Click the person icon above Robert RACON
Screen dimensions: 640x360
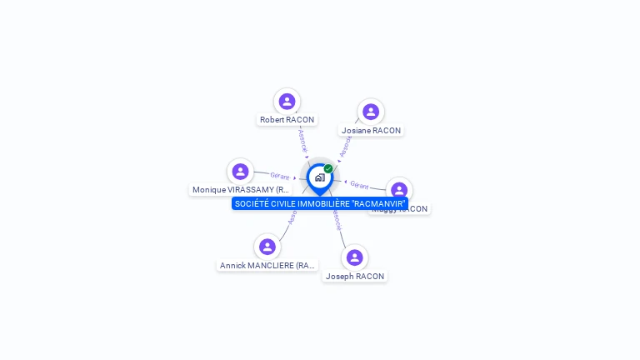[287, 102]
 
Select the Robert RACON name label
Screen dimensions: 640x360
[287, 120]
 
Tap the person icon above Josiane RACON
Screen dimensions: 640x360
[371, 112]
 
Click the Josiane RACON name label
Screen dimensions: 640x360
[371, 131]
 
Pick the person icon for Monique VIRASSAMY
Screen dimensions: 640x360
[240, 172]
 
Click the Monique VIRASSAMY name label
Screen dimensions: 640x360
[240, 190]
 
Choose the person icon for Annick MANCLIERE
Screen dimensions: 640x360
[267, 247]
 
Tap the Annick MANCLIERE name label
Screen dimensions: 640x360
[267, 266]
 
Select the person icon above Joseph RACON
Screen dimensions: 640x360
[355, 257]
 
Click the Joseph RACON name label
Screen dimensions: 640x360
[355, 276]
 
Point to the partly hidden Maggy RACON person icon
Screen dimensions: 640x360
[399, 189]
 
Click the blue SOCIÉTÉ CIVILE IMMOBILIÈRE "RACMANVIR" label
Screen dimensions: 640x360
[319, 204]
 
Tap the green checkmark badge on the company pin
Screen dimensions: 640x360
[328, 169]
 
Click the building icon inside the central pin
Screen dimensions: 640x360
[319, 177]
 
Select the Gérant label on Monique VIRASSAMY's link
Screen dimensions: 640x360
[279, 176]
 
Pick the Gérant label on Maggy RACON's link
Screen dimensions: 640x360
[359, 184]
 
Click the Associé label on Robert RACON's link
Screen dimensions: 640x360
[302, 139]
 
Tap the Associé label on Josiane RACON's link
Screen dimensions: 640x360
[346, 147]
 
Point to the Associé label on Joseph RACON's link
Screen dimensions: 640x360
[337, 221]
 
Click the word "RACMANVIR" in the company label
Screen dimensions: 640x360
[379, 204]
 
